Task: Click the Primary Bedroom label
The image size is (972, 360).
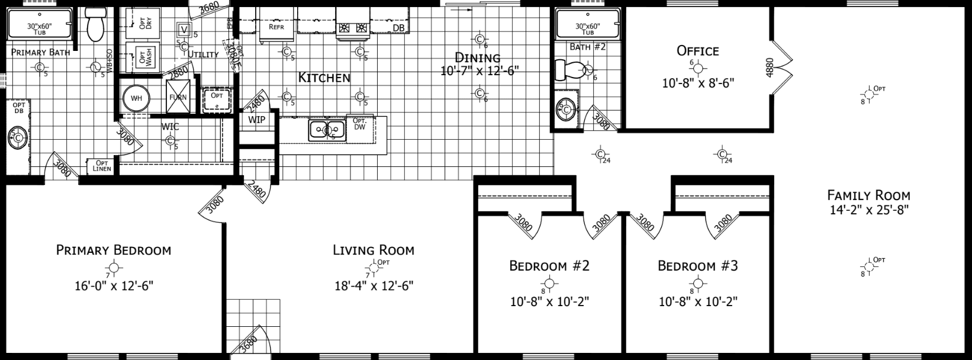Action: point(113,250)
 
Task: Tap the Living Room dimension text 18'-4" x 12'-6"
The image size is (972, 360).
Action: point(374,285)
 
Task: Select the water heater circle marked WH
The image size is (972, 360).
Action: point(137,98)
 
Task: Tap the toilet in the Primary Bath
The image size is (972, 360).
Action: point(95,24)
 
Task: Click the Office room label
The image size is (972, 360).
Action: point(698,51)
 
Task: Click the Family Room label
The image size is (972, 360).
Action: point(868,195)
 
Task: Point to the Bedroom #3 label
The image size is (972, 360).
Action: point(698,265)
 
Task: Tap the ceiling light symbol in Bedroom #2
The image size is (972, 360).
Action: point(549,284)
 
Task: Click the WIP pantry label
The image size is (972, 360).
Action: point(257,120)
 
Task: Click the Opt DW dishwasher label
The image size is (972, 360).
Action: point(359,124)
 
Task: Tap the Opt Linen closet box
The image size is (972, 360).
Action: point(101,166)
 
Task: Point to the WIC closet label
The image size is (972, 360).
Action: point(170,127)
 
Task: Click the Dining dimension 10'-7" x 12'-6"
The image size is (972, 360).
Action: point(480,71)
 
